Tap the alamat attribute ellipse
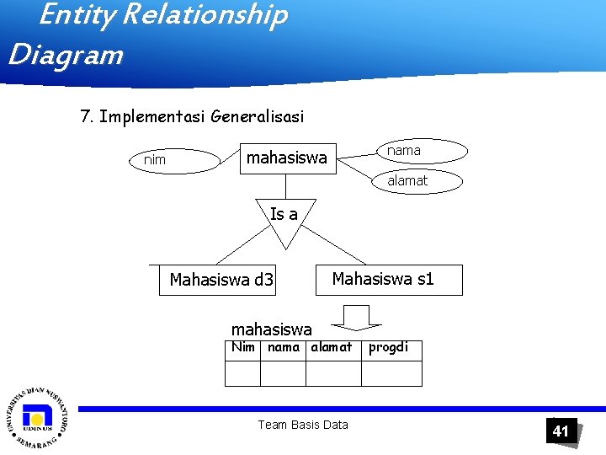tap(408, 179)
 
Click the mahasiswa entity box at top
tap(286, 158)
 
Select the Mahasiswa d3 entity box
tap(221, 280)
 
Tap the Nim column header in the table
tap(242, 347)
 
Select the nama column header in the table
tap(283, 347)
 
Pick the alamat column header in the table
tap(332, 347)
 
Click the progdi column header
tap(388, 347)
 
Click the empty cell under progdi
tap(388, 372)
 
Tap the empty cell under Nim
tap(242, 372)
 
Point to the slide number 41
tap(561, 431)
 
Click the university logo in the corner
tap(37, 419)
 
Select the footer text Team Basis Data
tap(303, 425)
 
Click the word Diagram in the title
tap(66, 56)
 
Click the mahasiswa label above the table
tap(271, 328)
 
